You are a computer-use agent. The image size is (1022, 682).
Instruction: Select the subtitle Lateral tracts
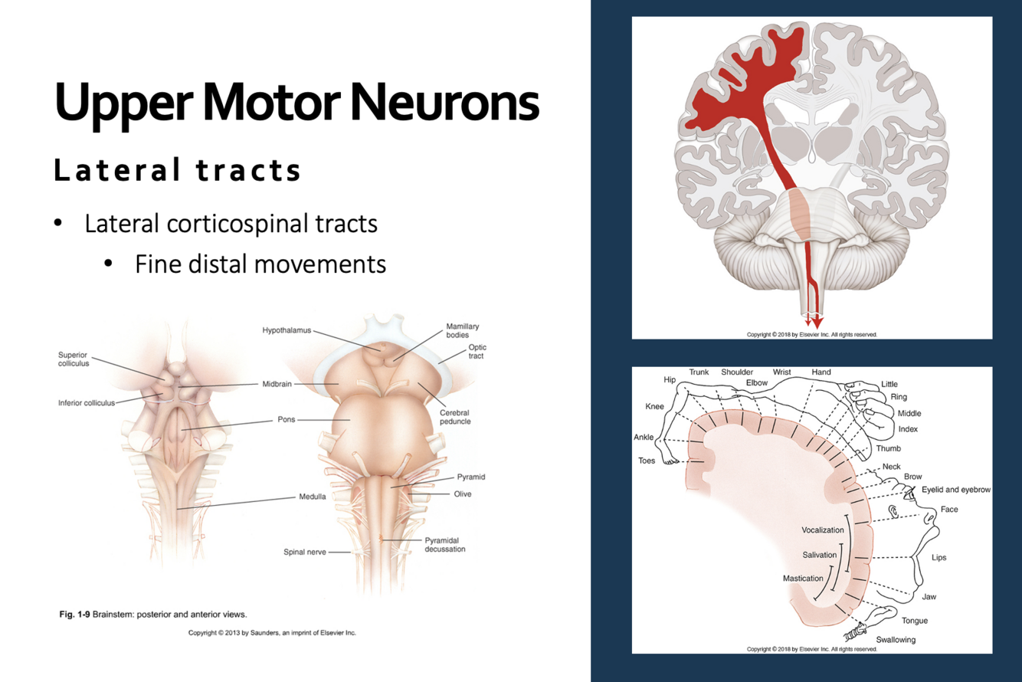point(177,170)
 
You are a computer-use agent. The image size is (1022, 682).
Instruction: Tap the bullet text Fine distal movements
point(260,264)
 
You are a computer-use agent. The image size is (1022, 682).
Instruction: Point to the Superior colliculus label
point(74,359)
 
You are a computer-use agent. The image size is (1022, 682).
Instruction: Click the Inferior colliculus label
point(87,402)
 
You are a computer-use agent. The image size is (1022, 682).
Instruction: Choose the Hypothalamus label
point(287,330)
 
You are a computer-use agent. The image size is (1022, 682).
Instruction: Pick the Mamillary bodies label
point(463,330)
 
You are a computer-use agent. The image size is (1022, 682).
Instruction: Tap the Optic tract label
point(477,352)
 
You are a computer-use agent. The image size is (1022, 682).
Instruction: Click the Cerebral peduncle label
point(454,417)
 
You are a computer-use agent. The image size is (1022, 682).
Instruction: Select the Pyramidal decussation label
point(444,545)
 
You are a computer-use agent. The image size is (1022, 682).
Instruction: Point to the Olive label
point(462,494)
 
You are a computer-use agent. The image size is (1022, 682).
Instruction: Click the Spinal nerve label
point(305,552)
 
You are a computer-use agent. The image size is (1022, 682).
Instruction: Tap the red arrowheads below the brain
point(814,320)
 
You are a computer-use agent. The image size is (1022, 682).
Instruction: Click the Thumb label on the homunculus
point(888,448)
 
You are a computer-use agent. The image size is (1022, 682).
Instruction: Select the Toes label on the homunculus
point(647,461)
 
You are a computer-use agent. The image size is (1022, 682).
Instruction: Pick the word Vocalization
point(822,530)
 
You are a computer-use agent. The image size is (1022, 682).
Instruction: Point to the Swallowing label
point(896,639)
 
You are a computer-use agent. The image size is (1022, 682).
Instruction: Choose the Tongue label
point(914,621)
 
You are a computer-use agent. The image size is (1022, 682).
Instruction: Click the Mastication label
point(803,579)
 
